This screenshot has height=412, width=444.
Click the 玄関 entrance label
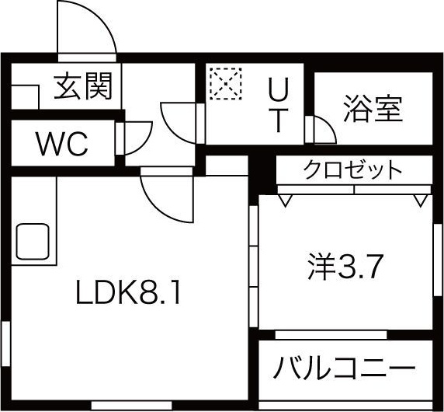coord(83,86)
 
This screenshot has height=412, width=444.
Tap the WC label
coord(62,144)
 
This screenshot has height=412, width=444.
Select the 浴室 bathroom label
coord(373,109)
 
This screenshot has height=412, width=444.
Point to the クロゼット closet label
coord(353,169)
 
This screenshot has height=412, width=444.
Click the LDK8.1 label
coord(128,295)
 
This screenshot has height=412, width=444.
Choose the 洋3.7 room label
coord(345,266)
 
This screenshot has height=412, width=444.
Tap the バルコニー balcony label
coord(345,368)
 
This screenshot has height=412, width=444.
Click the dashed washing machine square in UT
coord(226,83)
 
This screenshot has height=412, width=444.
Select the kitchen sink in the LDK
coord(33,241)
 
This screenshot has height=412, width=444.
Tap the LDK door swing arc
coord(158,208)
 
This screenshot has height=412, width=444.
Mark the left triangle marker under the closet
coord(285,200)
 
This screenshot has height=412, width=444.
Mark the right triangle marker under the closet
coord(421,200)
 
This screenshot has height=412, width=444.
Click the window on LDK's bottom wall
coord(132,405)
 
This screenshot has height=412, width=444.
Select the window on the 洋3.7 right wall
coord(438,260)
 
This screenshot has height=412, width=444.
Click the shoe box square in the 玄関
coord(25,96)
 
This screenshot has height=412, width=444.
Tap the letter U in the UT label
coord(279,89)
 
